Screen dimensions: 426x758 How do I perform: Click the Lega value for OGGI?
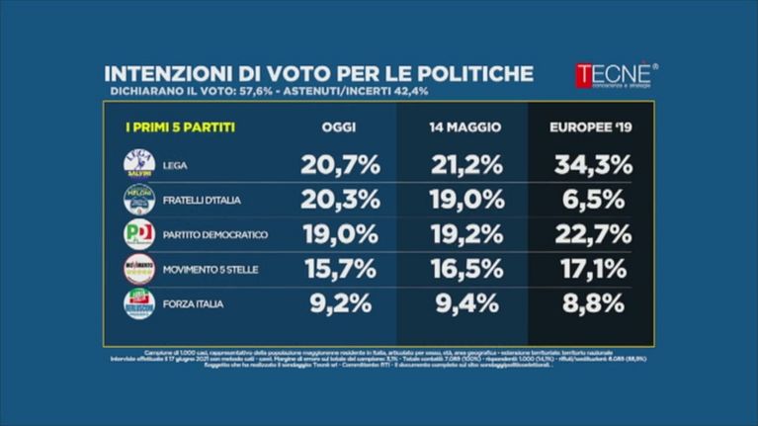(339, 164)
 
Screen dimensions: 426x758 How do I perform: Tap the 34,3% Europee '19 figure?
(591, 164)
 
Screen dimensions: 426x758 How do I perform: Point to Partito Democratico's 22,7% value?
(591, 234)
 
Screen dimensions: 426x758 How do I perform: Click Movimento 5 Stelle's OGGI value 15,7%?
(339, 269)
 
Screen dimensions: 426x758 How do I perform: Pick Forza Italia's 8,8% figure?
(591, 304)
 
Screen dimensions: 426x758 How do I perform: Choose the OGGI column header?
(339, 128)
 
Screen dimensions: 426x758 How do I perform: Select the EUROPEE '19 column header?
(591, 128)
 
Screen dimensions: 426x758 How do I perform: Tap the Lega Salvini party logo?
(139, 164)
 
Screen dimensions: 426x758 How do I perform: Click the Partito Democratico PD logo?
(139, 234)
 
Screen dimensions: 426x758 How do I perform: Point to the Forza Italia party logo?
(139, 303)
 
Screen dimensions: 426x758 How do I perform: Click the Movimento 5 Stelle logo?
(139, 269)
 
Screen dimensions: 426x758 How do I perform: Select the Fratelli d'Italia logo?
(139, 199)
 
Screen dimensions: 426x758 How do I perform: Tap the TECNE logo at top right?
(615, 76)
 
